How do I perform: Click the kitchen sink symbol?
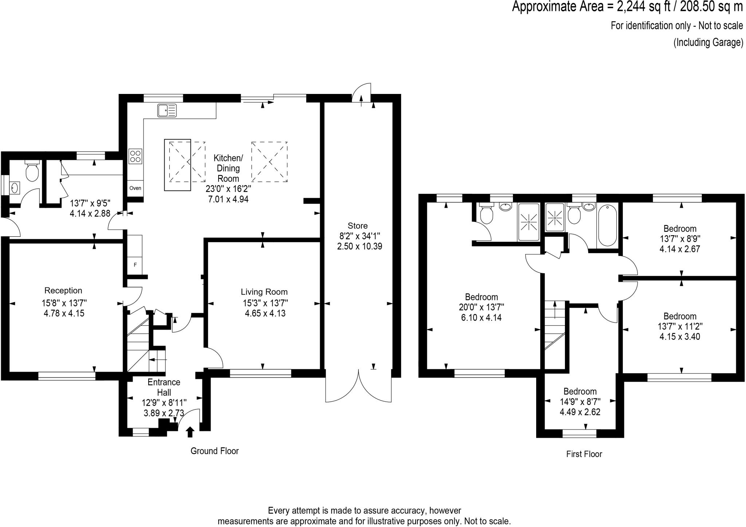click(167, 110)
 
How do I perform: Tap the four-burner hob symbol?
click(135, 156)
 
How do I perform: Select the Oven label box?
click(135, 188)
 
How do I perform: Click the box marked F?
click(135, 265)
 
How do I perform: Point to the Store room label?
click(357, 226)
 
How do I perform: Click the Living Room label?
click(264, 292)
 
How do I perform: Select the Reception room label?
click(63, 291)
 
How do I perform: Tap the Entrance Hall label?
click(164, 387)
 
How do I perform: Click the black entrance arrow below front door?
click(190, 432)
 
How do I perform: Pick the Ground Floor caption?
click(215, 451)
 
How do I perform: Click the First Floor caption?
click(584, 454)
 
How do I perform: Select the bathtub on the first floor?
click(607, 225)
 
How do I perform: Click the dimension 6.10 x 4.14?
click(481, 318)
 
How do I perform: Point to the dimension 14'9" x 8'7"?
click(580, 402)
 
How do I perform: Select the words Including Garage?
click(708, 43)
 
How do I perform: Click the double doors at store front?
click(358, 386)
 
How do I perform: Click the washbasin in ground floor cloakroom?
click(15, 188)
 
